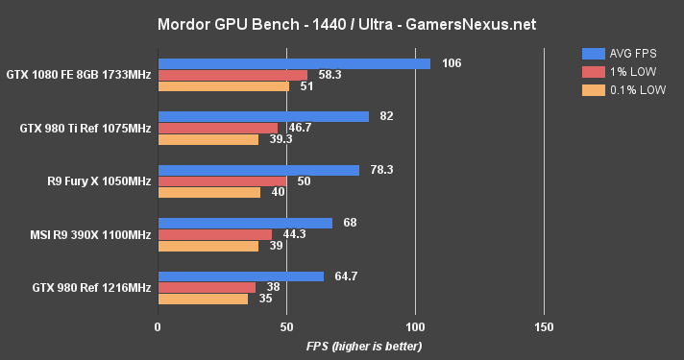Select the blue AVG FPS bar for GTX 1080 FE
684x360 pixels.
294,63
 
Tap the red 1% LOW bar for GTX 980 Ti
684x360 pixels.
218,128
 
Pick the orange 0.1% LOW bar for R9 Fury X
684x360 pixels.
209,192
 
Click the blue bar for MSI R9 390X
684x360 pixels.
245,223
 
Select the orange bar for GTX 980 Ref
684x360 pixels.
203,299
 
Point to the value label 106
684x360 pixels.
452,63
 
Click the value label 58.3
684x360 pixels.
330,75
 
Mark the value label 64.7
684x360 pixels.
346,276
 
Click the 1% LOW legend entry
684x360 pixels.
615,72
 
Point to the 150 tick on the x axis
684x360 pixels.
545,327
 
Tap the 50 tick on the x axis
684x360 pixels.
286,327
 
